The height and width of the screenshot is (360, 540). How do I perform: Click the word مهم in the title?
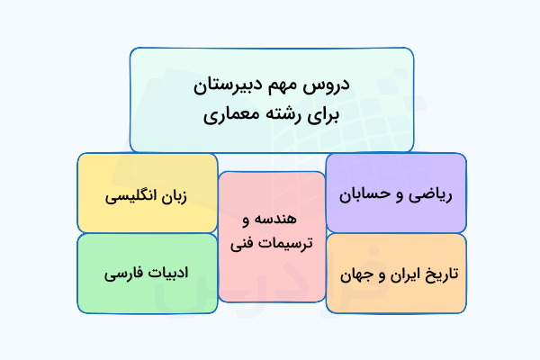[289, 87]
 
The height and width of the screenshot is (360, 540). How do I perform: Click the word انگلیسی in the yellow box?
[133, 194]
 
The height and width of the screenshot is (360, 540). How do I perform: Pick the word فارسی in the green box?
[124, 270]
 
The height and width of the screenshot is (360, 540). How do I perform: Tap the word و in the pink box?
[247, 220]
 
